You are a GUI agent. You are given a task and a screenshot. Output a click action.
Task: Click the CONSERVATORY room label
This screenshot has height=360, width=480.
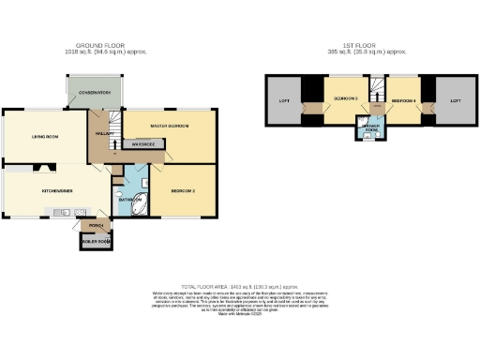tap(95, 93)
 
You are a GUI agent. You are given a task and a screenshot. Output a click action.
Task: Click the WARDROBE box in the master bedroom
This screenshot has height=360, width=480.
tap(143, 144)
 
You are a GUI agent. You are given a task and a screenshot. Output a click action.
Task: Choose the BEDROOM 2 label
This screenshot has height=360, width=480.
tap(183, 190)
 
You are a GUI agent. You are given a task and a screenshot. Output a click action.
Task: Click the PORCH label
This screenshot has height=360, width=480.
tap(95, 225)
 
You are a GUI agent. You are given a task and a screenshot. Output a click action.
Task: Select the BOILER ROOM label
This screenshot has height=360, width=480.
tap(96, 243)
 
